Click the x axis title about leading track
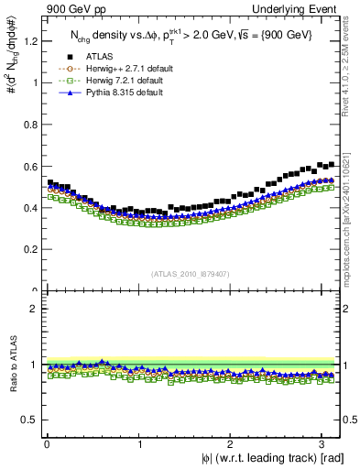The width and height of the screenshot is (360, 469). tap(262, 458)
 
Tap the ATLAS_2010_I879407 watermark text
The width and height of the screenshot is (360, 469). tap(191, 272)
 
